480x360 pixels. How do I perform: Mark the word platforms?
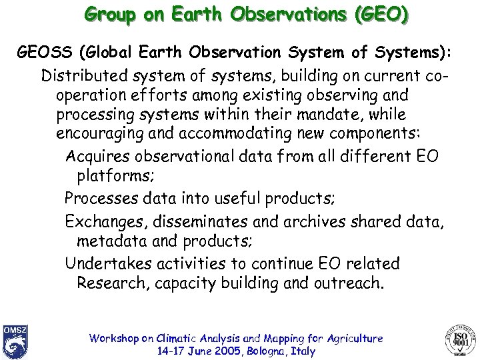114,176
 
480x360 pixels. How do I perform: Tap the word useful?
238,198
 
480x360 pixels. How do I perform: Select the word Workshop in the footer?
113,338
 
